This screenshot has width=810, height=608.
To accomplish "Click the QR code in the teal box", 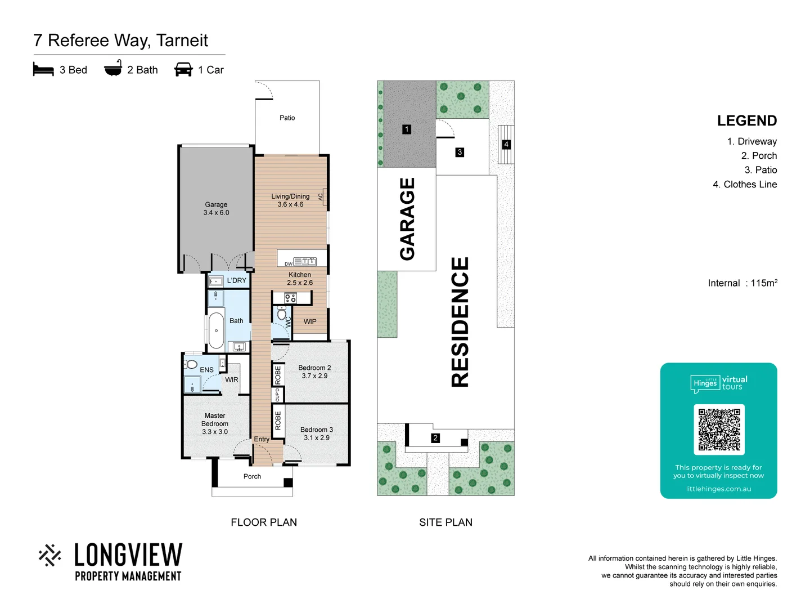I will click(x=719, y=430).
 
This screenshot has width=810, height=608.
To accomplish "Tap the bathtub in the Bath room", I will click(x=216, y=331).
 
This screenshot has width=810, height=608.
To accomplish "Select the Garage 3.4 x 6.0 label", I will click(x=216, y=209).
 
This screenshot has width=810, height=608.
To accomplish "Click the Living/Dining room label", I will click(x=290, y=200).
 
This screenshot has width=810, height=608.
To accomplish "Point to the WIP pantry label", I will click(x=310, y=321).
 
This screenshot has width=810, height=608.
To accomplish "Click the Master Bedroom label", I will click(x=215, y=424).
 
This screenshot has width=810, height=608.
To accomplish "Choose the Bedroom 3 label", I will click(x=317, y=433).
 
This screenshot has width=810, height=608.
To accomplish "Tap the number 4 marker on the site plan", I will click(x=506, y=145).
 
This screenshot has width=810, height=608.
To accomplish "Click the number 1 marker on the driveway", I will click(x=407, y=129).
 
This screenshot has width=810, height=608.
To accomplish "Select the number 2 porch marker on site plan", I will click(x=435, y=438).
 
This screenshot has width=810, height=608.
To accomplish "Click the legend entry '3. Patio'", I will click(x=760, y=170).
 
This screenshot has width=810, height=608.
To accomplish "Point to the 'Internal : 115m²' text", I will click(x=742, y=283).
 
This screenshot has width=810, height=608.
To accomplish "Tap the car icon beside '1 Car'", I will click(x=183, y=70).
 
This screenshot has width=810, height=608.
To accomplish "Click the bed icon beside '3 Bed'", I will click(x=43, y=70).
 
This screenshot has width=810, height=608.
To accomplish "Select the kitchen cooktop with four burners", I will click(x=290, y=298).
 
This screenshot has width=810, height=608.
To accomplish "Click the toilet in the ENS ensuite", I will click(x=191, y=364).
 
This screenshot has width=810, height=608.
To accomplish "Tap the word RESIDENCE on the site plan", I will click(x=460, y=322).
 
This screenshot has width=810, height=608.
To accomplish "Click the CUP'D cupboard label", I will click(x=277, y=395).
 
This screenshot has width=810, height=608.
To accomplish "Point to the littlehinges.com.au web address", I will click(x=718, y=489).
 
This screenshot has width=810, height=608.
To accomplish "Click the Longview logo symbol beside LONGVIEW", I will click(x=50, y=555).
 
